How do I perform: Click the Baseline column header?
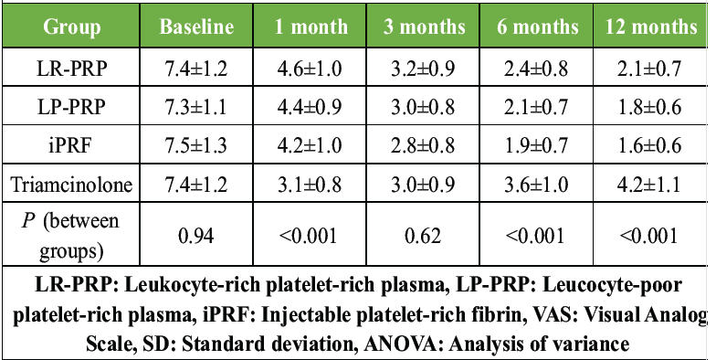(x=196, y=27)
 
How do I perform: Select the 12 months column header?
(x=651, y=27)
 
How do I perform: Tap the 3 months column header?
(x=424, y=27)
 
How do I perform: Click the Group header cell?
(x=71, y=27)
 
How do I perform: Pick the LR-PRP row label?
(x=71, y=69)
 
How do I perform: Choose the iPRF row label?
(x=71, y=146)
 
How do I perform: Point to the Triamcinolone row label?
(x=71, y=185)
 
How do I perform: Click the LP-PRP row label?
(x=71, y=108)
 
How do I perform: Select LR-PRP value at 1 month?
(x=310, y=69)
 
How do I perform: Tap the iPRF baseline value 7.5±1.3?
(x=196, y=146)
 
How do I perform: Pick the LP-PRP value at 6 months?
(x=536, y=108)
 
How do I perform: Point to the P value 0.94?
(x=196, y=236)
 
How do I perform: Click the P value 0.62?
(x=424, y=236)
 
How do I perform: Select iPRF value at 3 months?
(x=423, y=146)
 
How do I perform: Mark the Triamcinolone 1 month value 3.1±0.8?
(x=310, y=185)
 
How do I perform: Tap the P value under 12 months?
(x=648, y=236)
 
